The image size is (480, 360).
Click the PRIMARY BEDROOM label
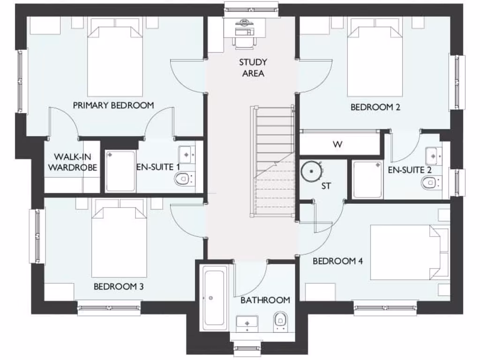tap(113, 105)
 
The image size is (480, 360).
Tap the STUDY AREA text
tap(253, 67)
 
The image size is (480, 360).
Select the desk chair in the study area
tap(244, 41)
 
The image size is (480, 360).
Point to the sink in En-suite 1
tap(187, 153)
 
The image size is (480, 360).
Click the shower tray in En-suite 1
tap(120, 171)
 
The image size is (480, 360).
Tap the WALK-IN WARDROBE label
tap(73, 162)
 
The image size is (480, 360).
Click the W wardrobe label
tap(337, 144)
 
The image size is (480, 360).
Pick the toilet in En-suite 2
tap(429, 183)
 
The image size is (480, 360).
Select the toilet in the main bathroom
tap(280, 320)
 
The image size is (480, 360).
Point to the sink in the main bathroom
tap(247, 322)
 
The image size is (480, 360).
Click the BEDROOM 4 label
tap(337, 261)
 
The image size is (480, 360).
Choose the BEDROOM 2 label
tap(375, 107)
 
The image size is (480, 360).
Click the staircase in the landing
tap(274, 159)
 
